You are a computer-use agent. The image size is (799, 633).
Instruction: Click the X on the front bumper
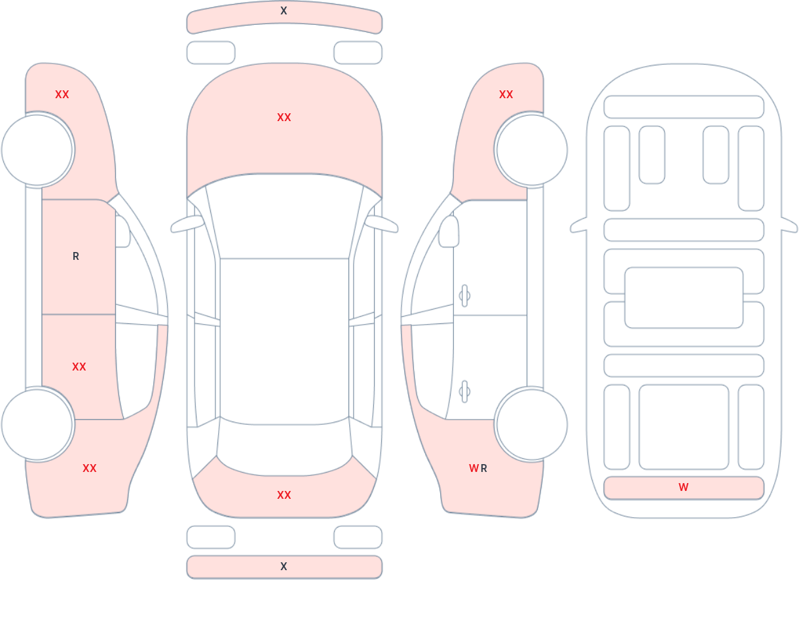coord(284,10)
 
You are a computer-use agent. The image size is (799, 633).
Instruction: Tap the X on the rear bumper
coord(284,566)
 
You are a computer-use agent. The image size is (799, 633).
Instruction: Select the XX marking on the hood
coord(284,118)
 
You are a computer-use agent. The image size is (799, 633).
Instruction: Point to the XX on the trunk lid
coord(284,495)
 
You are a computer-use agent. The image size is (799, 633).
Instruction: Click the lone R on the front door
coord(76,257)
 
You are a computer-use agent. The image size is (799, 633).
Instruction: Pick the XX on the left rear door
coord(79,367)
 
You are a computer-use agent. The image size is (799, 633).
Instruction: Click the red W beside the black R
coord(474,468)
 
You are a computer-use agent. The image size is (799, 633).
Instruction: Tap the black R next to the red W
coord(484,468)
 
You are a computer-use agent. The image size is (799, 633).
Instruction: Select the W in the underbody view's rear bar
coord(684,487)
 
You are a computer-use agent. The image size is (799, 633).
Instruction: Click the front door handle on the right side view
coord(464,296)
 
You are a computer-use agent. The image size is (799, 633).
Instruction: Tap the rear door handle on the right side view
coord(464,391)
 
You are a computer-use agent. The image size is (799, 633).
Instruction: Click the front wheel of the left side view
coord(37,150)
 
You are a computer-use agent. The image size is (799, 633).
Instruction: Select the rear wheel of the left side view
coord(37,424)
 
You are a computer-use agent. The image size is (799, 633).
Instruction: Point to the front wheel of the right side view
coord(532,150)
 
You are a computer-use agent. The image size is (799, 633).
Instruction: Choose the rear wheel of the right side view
coord(532,424)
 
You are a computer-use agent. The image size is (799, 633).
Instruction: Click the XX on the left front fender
coord(62,95)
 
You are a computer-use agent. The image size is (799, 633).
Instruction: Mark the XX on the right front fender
coord(506,95)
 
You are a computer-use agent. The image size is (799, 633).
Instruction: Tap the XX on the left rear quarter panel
coord(90,468)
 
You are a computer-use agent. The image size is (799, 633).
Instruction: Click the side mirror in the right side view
coord(449,232)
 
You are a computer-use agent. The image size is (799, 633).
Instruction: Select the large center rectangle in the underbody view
coord(684,298)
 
